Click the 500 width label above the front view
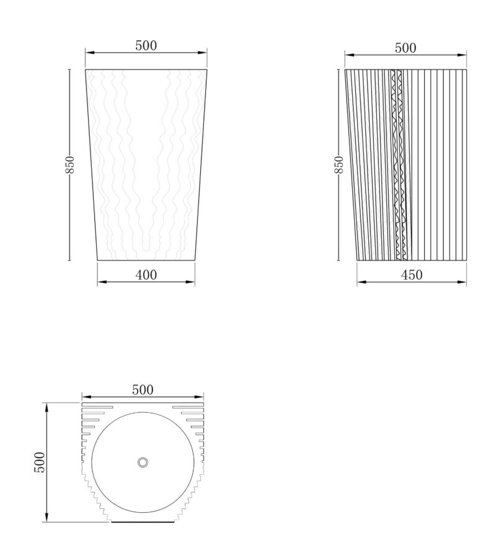pyautogui.click(x=146, y=45)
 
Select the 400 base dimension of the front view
pyautogui.click(x=146, y=275)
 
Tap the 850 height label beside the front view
pyautogui.click(x=69, y=164)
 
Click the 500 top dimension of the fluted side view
pyautogui.click(x=405, y=48)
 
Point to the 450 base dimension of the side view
pyautogui.click(x=412, y=275)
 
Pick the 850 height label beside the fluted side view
pyautogui.click(x=339, y=164)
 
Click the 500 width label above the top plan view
pyautogui.click(x=143, y=390)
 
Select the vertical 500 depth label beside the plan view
pyautogui.click(x=40, y=463)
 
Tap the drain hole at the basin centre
pyautogui.click(x=143, y=463)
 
